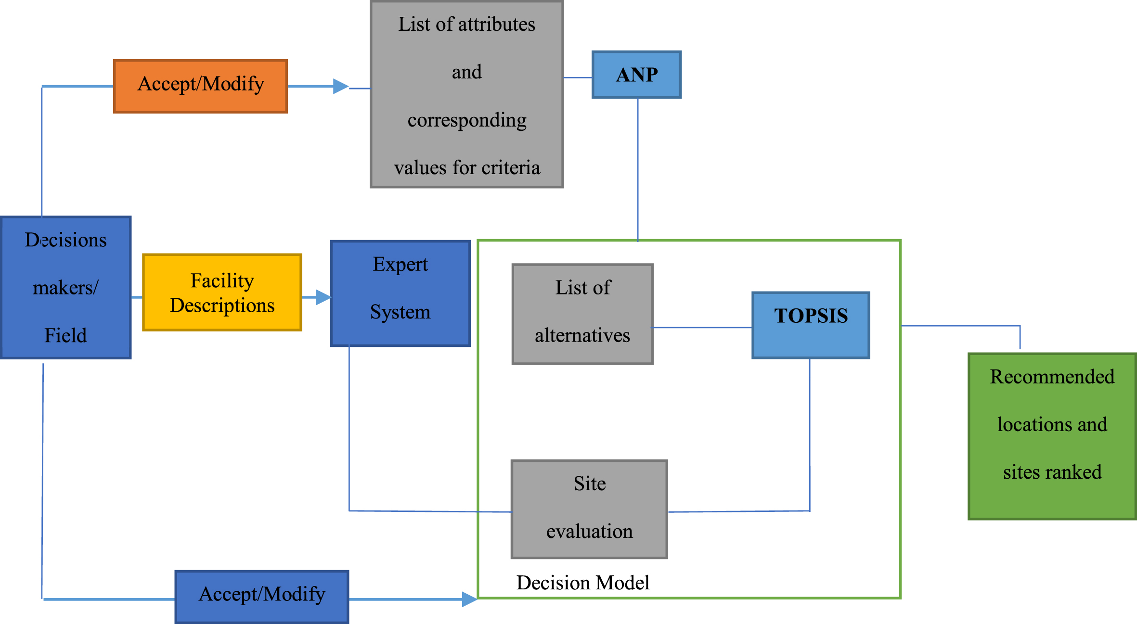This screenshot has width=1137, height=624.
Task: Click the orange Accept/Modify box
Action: click(200, 87)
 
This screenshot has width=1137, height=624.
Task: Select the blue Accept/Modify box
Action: click(262, 597)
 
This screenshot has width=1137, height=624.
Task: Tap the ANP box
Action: click(636, 75)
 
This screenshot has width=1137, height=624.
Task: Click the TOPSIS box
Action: click(811, 325)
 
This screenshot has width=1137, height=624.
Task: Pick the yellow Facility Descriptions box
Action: click(222, 293)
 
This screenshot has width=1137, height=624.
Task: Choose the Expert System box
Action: click(400, 293)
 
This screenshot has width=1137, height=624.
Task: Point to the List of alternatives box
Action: click(582, 314)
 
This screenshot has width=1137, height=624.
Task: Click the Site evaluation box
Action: click(589, 509)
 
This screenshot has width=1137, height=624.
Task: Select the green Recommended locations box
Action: click(1052, 436)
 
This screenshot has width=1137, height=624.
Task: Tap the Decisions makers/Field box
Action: click(65, 288)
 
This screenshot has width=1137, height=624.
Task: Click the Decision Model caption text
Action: click(582, 583)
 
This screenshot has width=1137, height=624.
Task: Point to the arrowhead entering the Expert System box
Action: click(323, 297)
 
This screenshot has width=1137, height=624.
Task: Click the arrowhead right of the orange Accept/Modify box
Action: click(341, 87)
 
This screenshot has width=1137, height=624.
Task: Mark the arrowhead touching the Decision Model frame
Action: click(470, 599)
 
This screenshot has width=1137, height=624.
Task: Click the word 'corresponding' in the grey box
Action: click(467, 120)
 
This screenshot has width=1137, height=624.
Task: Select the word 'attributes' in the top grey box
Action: click(496, 24)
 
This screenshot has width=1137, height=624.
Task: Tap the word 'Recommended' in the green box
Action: click(1052, 377)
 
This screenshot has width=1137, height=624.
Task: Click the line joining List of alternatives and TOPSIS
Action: click(702, 328)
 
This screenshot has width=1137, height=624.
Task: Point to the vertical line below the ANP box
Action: click(638, 169)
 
